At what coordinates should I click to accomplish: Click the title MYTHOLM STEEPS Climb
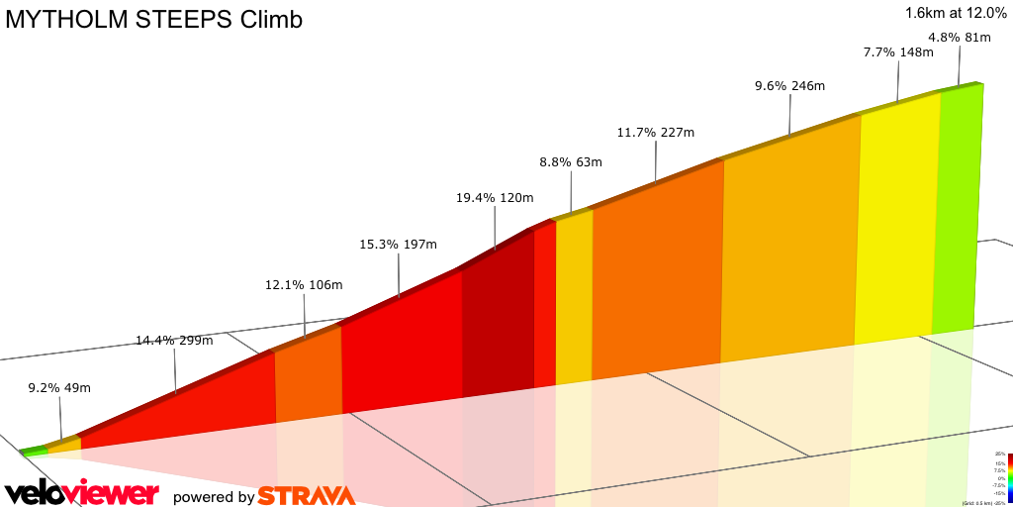tap(154, 20)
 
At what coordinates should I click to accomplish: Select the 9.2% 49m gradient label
tap(59, 388)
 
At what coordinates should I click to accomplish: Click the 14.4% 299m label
tap(174, 341)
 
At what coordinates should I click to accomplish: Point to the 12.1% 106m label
tap(304, 285)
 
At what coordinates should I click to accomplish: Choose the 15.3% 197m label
tap(398, 244)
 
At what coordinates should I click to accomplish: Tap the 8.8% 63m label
tap(571, 162)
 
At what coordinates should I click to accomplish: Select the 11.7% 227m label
tap(655, 133)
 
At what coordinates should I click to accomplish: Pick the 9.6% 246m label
tap(789, 86)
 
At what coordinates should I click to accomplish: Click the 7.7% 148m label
tap(898, 51)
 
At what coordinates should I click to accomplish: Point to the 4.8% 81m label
tap(960, 39)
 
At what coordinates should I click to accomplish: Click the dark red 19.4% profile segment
tap(498, 317)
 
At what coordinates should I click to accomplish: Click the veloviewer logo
tap(81, 493)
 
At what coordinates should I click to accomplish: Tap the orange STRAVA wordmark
tap(306, 495)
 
